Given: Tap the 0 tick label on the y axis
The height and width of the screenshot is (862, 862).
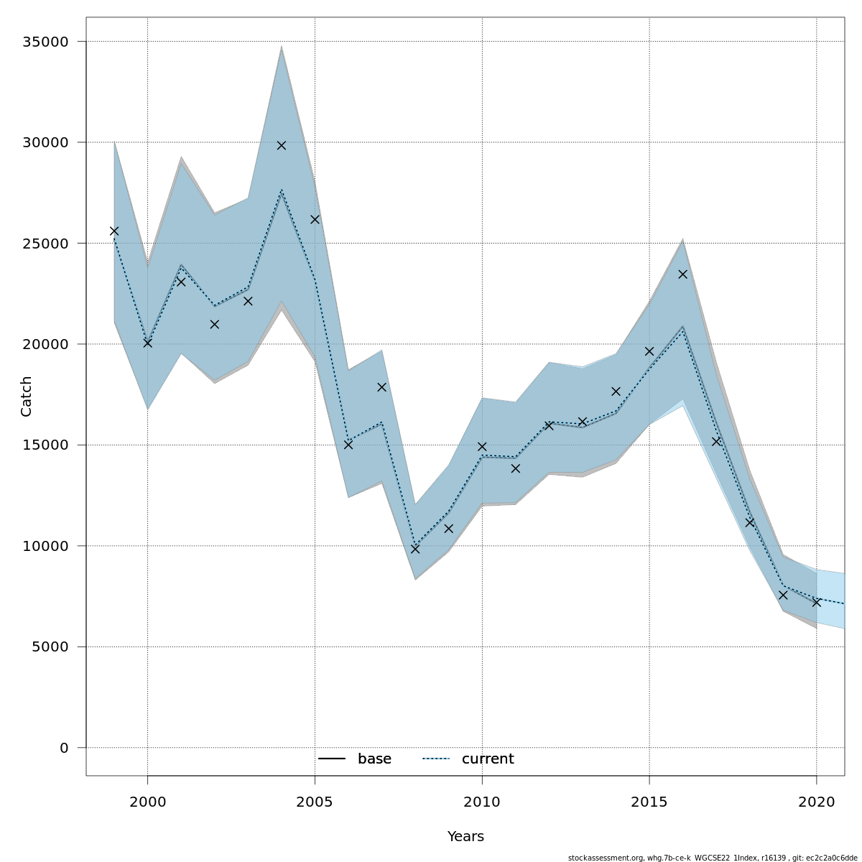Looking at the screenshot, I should point(64,748).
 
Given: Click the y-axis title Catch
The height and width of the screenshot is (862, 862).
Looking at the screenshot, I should point(27,396).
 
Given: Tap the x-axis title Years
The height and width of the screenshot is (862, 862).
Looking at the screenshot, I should point(465,837).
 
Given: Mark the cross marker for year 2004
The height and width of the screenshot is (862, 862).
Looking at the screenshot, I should point(282,145).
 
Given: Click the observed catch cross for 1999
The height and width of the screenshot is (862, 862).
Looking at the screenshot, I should point(114,231).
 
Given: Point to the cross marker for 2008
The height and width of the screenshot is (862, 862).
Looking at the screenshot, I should point(415,549).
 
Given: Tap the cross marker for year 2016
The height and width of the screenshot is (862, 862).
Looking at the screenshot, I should point(683,274).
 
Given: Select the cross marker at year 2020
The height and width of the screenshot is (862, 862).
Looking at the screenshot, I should point(817,602).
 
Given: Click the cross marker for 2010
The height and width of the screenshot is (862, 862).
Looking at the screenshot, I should point(482,447).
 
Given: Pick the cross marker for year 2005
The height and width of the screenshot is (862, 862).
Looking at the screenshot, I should point(315,219).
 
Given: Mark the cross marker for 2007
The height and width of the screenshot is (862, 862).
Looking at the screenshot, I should point(381,387).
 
